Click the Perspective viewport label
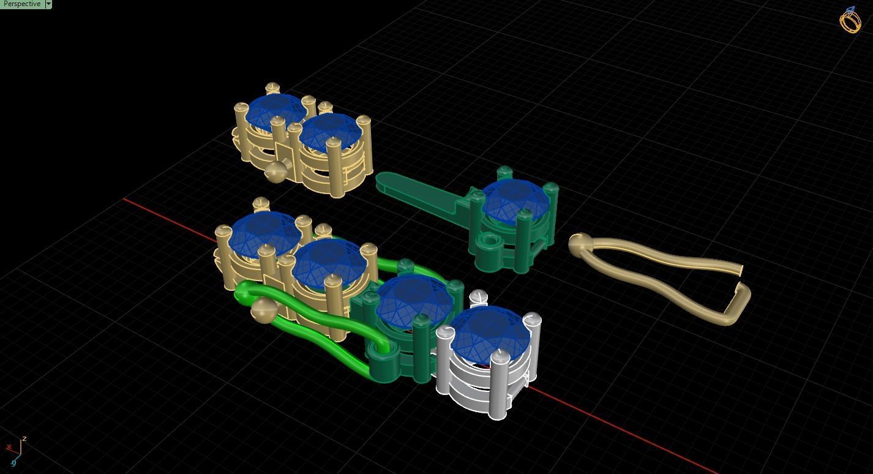tap(22, 4)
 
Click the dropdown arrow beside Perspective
tap(48, 4)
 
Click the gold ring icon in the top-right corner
tap(850, 20)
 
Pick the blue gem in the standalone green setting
tap(515, 201)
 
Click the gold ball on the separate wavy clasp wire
tap(579, 244)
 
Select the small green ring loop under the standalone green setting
tap(489, 243)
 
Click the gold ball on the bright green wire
tap(263, 310)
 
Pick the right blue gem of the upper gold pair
tap(329, 131)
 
